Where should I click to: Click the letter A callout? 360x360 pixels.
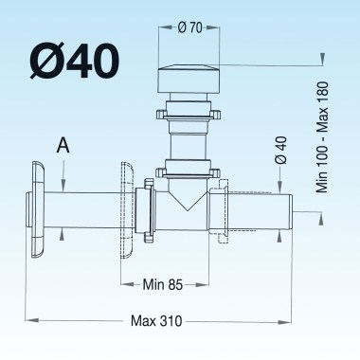click(x=63, y=145)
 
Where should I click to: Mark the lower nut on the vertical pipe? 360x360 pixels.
click(x=193, y=171)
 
